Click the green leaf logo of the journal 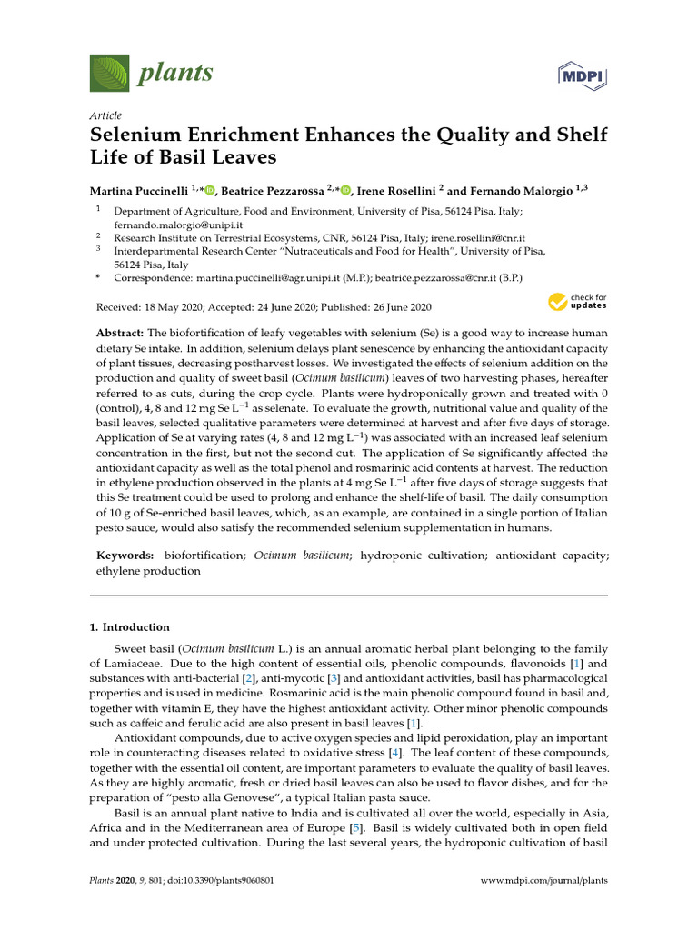[x=106, y=71]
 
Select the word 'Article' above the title [x=105, y=115]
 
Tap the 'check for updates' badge [x=577, y=302]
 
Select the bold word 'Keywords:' [x=125, y=554]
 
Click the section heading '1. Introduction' [x=129, y=627]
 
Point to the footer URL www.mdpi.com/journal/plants [x=543, y=881]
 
